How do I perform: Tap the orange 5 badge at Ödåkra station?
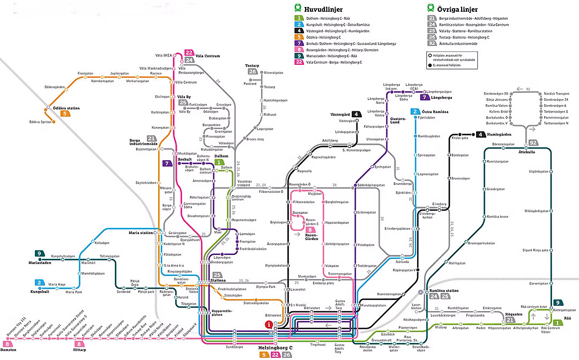[x=65, y=114]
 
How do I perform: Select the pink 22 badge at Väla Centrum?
[x=189, y=52]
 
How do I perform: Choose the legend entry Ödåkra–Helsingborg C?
[x=326, y=37]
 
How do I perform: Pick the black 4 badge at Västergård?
[x=356, y=114]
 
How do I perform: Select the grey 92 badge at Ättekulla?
[x=533, y=142]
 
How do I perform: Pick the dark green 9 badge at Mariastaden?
[x=40, y=253]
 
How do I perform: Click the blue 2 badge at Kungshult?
[x=40, y=282]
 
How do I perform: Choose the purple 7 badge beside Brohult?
[x=168, y=163]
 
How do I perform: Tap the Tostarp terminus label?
[x=252, y=65]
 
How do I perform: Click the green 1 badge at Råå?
[x=558, y=322]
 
